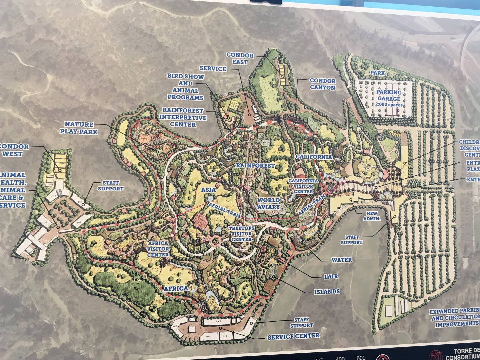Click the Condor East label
240,58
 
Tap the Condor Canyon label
322,84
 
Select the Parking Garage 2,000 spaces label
389,98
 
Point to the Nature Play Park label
79,128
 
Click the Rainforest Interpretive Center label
183,117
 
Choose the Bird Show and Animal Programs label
185,87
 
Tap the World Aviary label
269,204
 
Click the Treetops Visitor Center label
241,234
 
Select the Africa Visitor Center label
158,249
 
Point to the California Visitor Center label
301,186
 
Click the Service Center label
293,336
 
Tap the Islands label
327,292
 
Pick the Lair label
331,276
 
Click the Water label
341,260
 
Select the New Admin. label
371,216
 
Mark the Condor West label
14,150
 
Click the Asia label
208,190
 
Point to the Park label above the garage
377,73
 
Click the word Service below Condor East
213,69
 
